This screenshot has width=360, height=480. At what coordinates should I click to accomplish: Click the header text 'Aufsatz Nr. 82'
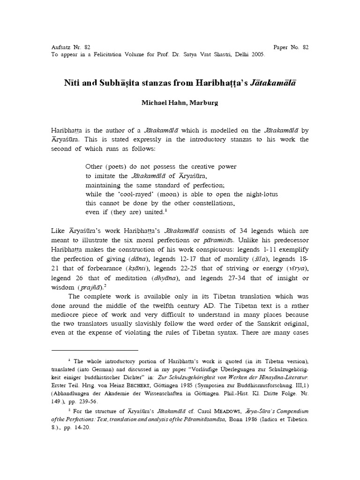pyautogui.click(x=70, y=47)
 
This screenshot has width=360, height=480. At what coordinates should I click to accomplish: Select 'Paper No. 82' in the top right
pyautogui.click(x=291, y=47)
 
